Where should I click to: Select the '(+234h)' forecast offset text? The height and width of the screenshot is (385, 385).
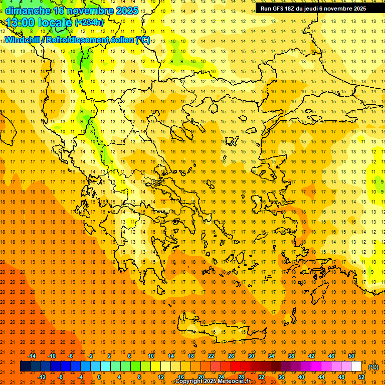(89, 23)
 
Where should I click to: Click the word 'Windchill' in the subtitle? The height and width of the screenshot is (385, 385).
(23, 40)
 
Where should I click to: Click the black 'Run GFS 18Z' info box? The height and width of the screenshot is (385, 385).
(313, 9)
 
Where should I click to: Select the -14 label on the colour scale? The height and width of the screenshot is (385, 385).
(32, 356)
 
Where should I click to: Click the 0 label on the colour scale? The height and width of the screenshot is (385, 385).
(99, 376)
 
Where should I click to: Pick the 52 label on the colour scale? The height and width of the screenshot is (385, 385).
(361, 376)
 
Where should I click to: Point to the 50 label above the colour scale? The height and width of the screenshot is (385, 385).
(351, 356)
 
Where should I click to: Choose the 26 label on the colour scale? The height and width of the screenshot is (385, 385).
(231, 356)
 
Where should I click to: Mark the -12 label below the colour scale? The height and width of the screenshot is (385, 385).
(42, 376)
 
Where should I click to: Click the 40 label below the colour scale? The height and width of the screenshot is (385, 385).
(301, 376)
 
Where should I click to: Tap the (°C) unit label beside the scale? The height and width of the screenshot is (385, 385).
(373, 367)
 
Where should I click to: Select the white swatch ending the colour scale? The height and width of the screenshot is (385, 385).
(356, 366)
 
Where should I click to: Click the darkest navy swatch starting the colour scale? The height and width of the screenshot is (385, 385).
(25, 366)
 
